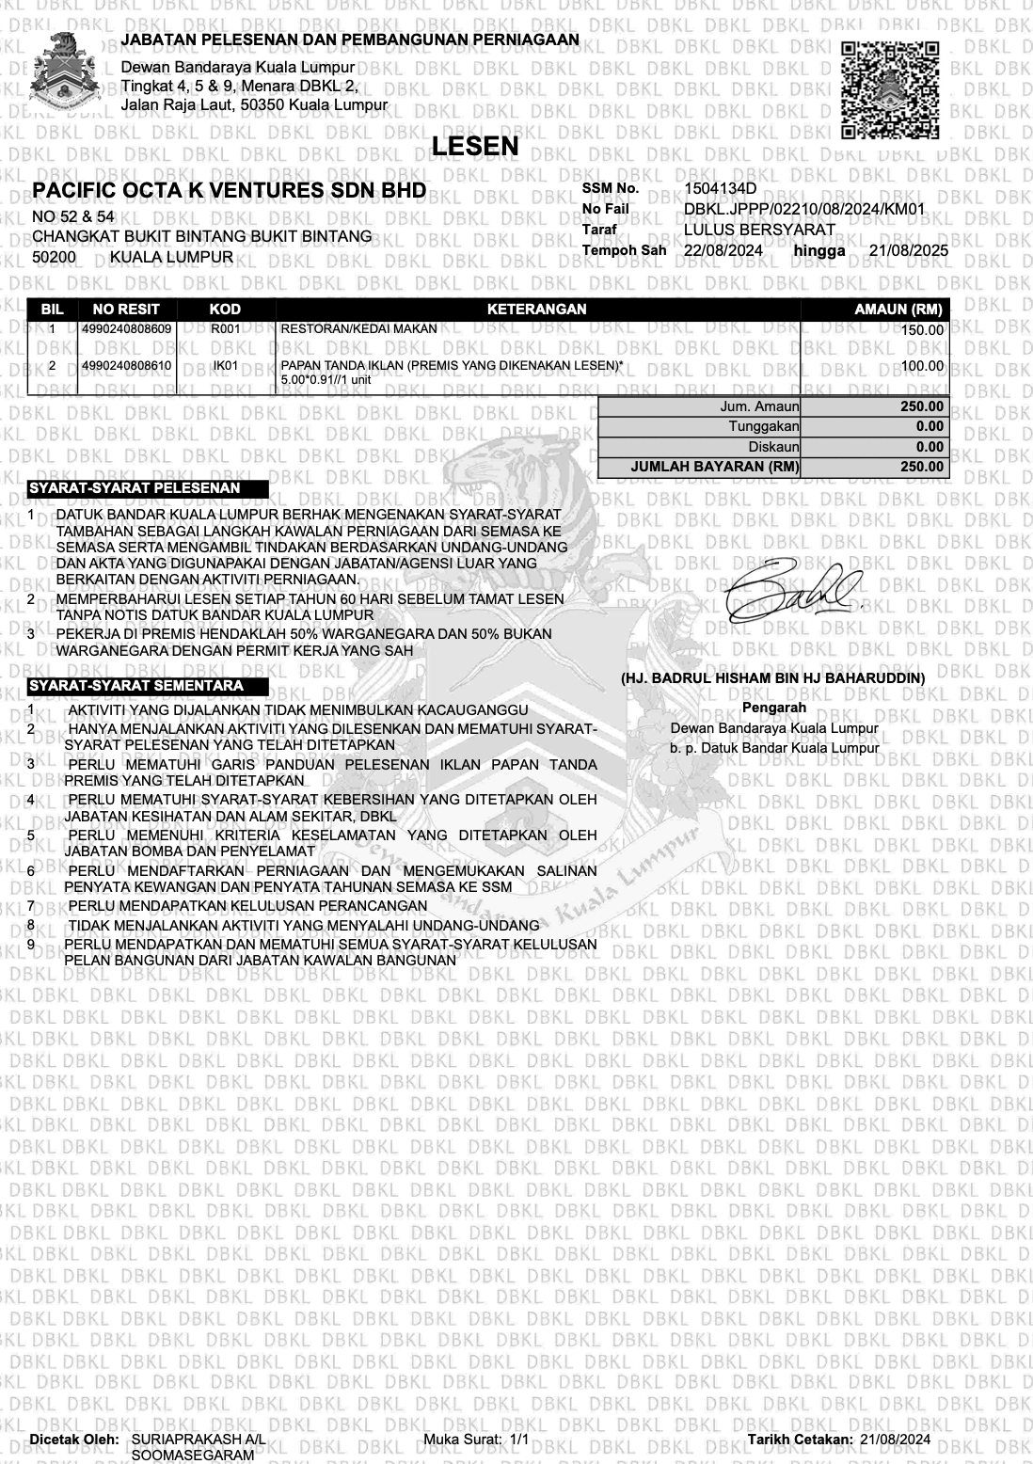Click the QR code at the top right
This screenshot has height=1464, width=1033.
[x=889, y=89]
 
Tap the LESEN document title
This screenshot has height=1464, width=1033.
[x=475, y=146]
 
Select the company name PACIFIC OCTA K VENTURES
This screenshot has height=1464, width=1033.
[x=229, y=192]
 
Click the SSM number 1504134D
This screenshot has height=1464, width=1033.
[x=721, y=188]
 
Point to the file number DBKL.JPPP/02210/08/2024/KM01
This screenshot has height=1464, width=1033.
[x=804, y=209]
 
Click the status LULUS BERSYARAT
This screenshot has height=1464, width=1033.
[x=759, y=230]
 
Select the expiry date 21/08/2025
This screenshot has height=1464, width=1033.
[x=908, y=250]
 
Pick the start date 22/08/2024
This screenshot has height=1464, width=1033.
[x=723, y=250]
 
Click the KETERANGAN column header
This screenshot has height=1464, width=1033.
[x=537, y=309]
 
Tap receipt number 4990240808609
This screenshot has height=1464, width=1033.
[x=127, y=329]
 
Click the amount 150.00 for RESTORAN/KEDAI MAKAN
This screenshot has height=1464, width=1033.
[x=921, y=330]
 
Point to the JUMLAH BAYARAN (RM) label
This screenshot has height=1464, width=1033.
[x=715, y=467]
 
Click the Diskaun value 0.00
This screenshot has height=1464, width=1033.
[x=930, y=447]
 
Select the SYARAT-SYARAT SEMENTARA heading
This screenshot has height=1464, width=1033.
[x=136, y=686]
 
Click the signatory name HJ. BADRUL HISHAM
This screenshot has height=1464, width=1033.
[x=772, y=677]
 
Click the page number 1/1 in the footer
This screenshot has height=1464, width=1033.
[x=520, y=1440]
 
